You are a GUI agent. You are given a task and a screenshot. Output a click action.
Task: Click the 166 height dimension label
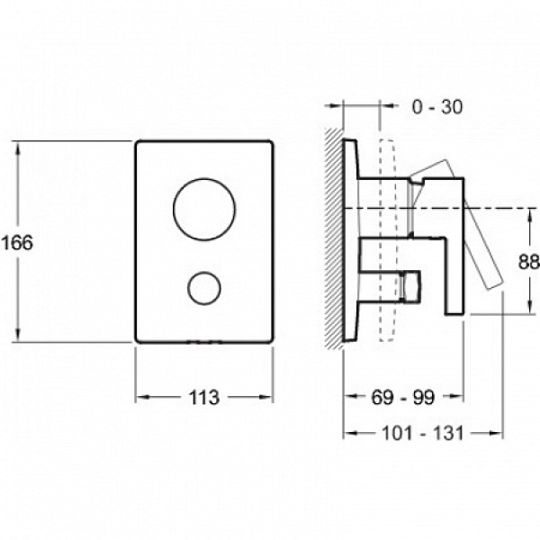pos(18,242)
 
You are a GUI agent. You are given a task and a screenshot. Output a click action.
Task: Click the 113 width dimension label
pos(204,398)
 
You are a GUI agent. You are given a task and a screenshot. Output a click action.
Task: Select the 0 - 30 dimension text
pos(437,107)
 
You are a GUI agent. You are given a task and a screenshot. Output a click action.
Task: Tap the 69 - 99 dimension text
pos(403,398)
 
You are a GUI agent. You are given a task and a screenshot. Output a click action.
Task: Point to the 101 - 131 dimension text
pos(423,433)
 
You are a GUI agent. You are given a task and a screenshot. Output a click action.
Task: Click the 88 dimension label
pos(529,262)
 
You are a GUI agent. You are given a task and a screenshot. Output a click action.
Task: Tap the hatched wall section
pos(334,238)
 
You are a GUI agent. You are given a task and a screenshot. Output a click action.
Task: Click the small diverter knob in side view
pos(411,287)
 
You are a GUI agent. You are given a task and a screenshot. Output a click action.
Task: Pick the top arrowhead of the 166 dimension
pos(18,148)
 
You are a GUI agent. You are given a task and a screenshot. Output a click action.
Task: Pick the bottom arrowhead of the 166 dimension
pos(18,336)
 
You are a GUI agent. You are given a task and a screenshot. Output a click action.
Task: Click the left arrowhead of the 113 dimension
pos(142,397)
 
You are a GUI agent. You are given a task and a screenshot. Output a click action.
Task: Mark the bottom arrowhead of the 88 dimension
pos(529,307)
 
